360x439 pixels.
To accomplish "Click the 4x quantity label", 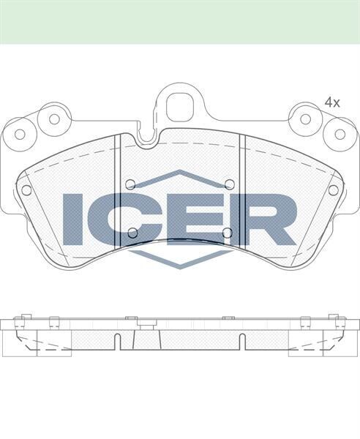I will click(332, 103).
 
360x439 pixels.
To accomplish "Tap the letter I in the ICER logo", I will click(74, 219).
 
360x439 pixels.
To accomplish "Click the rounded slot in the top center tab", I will click(179, 108).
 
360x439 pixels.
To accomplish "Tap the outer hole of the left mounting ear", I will click(20, 134).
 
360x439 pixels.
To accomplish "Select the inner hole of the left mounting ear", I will click(53, 119).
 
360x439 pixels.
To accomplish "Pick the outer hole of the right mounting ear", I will click(340, 134).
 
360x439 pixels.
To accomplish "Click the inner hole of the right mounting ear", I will click(306, 119).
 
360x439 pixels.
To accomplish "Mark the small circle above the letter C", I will click(130, 184).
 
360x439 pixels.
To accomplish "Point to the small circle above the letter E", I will click(229, 184).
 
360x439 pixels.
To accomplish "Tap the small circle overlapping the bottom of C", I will click(132, 233).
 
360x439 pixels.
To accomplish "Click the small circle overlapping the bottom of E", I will click(227, 233).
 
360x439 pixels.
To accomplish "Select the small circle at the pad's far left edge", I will click(26, 190).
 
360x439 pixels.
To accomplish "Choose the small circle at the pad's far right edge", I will click(333, 190).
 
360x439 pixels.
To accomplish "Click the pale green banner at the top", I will click(180, 22).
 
